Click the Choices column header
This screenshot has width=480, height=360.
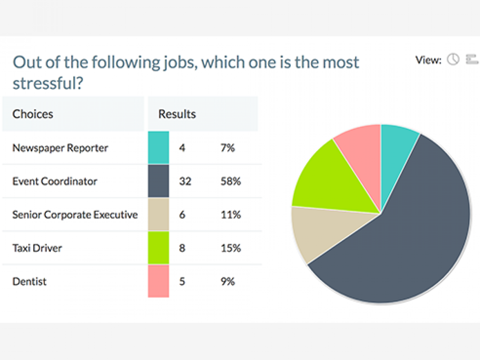tap(33, 114)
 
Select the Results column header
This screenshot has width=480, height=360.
tap(177, 114)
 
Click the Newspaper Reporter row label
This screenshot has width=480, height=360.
tap(60, 148)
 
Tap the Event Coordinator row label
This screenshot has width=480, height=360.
tap(55, 181)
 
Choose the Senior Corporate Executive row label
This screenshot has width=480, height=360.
tap(75, 215)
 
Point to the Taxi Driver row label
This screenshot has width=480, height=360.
tap(37, 248)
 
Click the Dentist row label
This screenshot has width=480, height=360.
tap(30, 281)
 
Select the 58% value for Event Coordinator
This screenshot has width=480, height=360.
tap(231, 181)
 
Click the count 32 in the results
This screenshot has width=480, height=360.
tap(185, 181)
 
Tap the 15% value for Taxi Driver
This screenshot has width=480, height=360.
tap(231, 248)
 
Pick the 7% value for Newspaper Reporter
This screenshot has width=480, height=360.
tap(228, 148)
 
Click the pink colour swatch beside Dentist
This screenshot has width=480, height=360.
tap(158, 281)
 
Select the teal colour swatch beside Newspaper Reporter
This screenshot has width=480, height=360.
tap(158, 148)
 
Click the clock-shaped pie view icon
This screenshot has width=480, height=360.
tap(453, 60)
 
